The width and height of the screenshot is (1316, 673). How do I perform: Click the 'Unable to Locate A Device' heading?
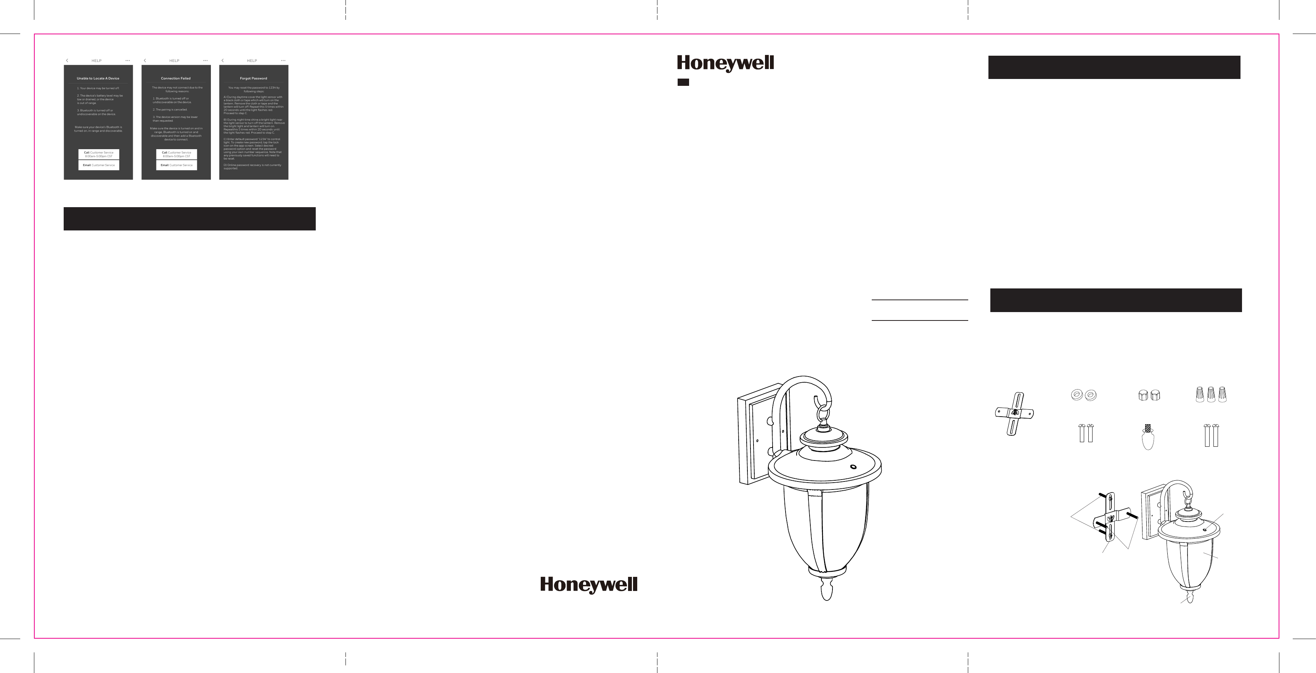point(98,79)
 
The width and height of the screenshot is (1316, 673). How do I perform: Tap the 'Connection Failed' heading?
point(176,79)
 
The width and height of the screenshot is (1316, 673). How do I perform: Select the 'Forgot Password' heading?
point(253,79)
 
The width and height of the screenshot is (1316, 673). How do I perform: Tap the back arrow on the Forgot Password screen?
point(223,61)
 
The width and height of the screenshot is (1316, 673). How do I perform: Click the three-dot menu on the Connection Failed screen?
point(206,61)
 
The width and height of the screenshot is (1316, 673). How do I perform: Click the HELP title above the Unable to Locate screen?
point(96,61)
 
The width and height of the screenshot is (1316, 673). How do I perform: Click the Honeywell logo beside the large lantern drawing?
point(725,64)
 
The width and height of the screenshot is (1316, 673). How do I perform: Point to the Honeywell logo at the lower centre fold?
point(588,584)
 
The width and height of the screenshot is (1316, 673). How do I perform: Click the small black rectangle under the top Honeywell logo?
point(683,82)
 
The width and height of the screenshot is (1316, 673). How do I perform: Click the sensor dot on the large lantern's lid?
point(853,467)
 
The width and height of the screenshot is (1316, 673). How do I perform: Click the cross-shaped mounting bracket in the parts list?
point(1015,413)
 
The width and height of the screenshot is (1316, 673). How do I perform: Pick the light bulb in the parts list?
point(1148,437)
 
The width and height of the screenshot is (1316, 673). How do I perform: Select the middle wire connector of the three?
point(1211,394)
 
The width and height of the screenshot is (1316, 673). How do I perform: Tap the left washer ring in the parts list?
point(1077,394)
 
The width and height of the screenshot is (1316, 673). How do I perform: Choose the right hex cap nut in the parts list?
point(1155,395)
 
